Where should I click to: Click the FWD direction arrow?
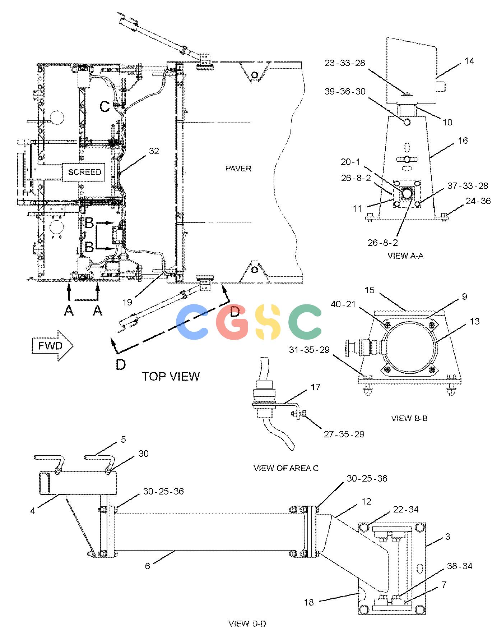(x=53, y=346)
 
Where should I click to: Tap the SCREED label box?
(x=85, y=172)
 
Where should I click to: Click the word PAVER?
(x=238, y=168)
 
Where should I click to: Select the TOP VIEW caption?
(x=171, y=376)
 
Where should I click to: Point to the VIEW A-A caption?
(x=405, y=256)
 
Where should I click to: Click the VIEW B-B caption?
(x=409, y=418)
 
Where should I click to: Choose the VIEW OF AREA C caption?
(x=286, y=468)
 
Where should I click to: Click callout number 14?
(x=469, y=61)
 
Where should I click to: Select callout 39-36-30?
(x=345, y=91)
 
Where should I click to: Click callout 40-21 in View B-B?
(x=343, y=304)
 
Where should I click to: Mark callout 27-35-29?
(x=344, y=434)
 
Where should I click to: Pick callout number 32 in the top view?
(x=154, y=151)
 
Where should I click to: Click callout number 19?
(x=127, y=302)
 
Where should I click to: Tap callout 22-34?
(x=406, y=509)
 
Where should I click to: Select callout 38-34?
(x=459, y=566)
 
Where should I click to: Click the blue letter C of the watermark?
(x=192, y=322)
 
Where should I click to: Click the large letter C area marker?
(x=104, y=107)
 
